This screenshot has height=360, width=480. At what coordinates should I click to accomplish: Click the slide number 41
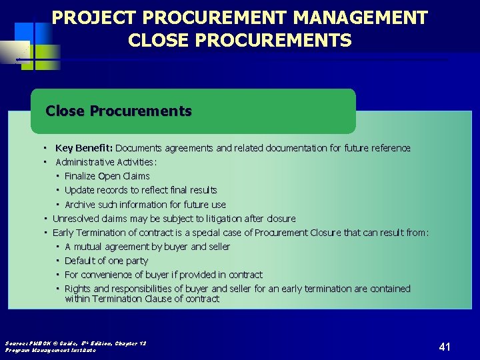click(x=445, y=347)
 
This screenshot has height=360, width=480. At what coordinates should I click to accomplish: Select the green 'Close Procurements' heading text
click(x=119, y=111)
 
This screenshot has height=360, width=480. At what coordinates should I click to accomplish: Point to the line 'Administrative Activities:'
click(x=106, y=162)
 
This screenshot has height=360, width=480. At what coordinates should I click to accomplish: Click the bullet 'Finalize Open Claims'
click(x=107, y=176)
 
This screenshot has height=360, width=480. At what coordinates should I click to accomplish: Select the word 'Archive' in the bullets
click(x=80, y=205)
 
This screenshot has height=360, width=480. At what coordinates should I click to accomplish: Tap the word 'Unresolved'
click(x=75, y=219)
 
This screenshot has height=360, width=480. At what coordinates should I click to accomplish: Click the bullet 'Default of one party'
click(x=106, y=261)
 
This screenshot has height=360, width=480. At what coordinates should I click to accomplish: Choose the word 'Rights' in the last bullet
click(x=77, y=289)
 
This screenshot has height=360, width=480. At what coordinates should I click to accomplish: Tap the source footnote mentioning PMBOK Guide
click(x=75, y=343)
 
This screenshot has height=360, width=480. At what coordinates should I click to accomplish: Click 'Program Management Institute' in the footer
click(x=51, y=350)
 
